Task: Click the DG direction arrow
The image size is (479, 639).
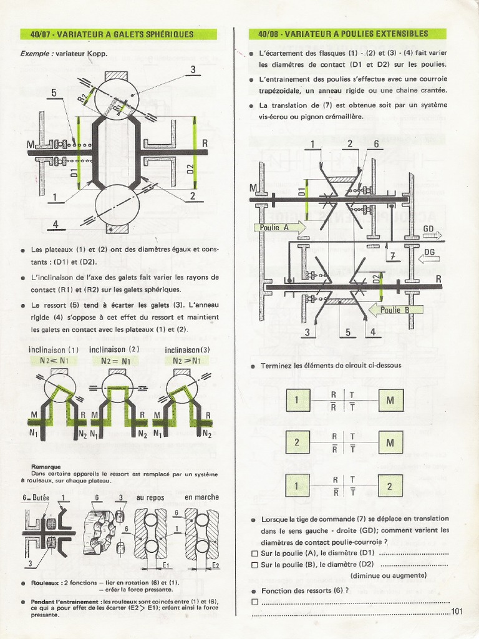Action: (430, 256)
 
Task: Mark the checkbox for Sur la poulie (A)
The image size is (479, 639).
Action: (254, 554)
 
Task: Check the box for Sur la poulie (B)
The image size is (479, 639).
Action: (254, 565)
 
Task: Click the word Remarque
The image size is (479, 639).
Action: (46, 466)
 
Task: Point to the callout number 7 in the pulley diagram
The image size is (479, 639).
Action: (392, 256)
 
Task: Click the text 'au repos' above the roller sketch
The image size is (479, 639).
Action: (150, 497)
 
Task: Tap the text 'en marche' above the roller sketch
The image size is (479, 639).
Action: (201, 497)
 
